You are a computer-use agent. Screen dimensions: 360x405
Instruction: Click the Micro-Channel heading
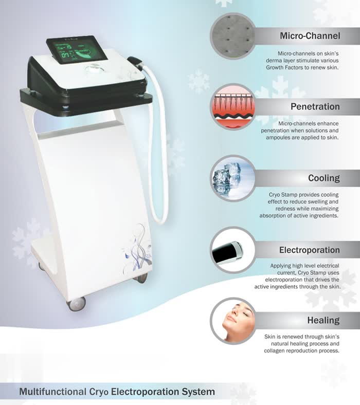pyautogui.click(x=310, y=35)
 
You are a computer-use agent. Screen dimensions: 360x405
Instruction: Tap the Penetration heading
pyautogui.click(x=315, y=106)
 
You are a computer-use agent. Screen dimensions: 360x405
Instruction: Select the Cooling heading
pyautogui.click(x=324, y=178)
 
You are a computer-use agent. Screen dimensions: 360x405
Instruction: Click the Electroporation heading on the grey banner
pyautogui.click(x=310, y=250)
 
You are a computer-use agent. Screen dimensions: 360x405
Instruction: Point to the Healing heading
pyautogui.click(x=323, y=320)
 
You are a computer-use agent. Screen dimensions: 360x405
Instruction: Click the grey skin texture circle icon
pyautogui.click(x=232, y=36)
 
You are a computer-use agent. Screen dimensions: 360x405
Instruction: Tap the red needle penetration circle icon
pyautogui.click(x=232, y=107)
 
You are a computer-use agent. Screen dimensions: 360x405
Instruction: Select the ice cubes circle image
pyautogui.click(x=232, y=178)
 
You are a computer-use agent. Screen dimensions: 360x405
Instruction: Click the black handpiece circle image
pyautogui.click(x=232, y=250)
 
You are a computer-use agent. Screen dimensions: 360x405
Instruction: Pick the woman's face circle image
pyautogui.click(x=232, y=321)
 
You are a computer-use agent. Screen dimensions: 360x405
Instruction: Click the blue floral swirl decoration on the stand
pyautogui.click(x=137, y=248)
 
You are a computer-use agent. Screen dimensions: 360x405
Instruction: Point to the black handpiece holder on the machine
pyautogui.click(x=135, y=63)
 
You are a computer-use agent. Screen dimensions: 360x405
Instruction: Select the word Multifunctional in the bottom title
pyautogui.click(x=53, y=392)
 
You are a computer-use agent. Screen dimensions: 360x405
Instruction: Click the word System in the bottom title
pyautogui.click(x=198, y=392)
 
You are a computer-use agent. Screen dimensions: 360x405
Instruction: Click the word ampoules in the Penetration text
pyautogui.click(x=279, y=137)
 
